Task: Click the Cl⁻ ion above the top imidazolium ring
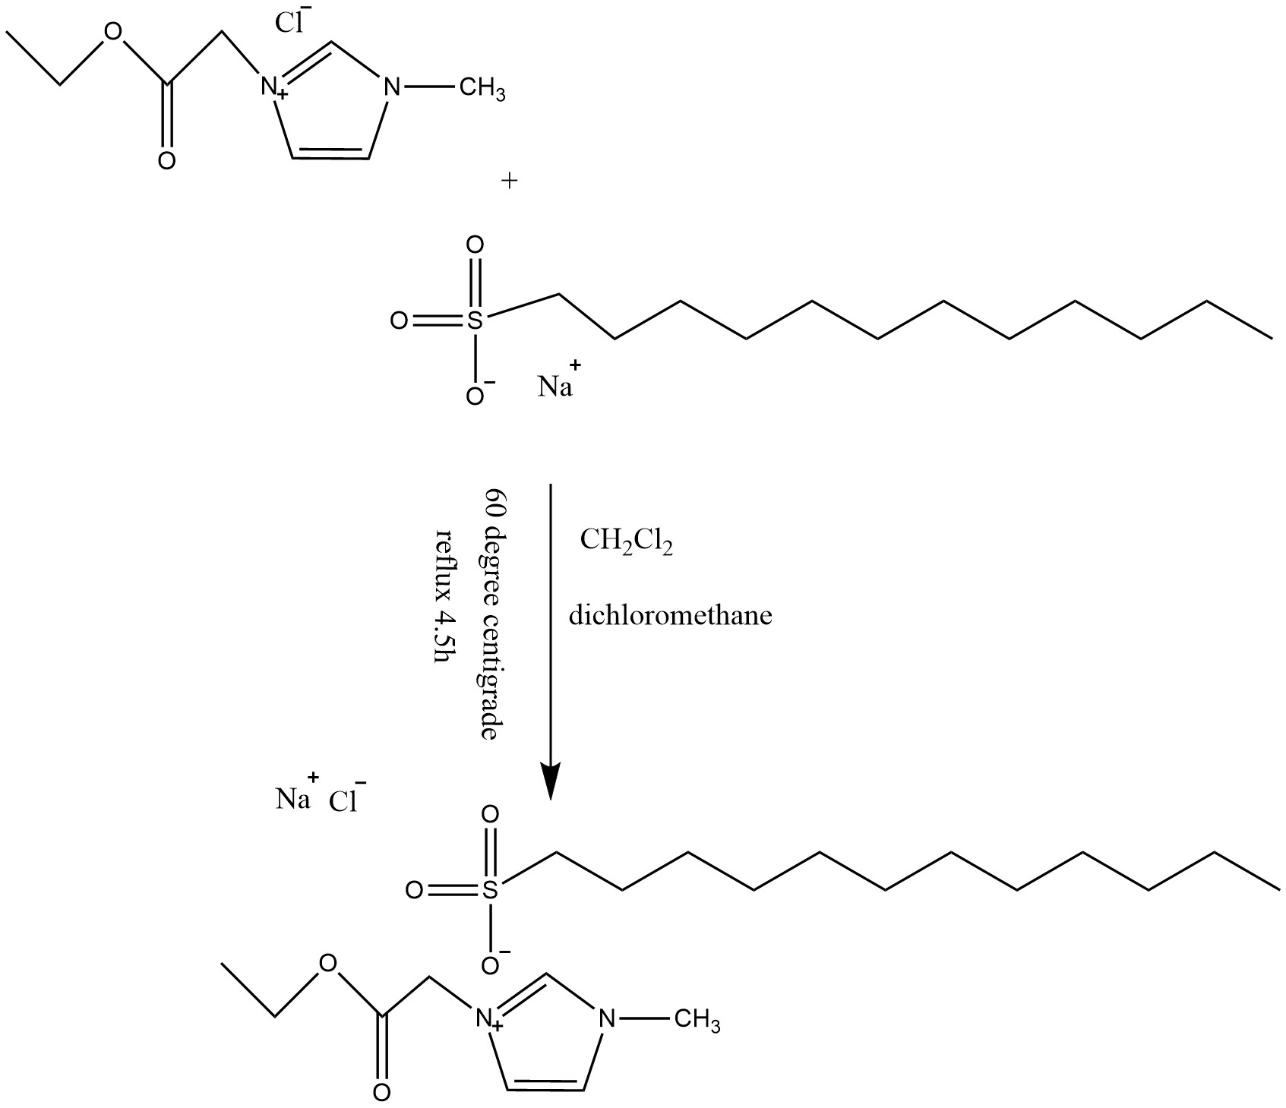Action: pos(288,22)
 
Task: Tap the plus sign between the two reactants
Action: pos(510,181)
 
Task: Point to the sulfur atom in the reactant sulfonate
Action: pos(475,321)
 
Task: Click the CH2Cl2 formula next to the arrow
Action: pos(626,541)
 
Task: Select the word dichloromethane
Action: pos(671,614)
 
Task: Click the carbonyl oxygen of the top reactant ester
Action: pos(167,161)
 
